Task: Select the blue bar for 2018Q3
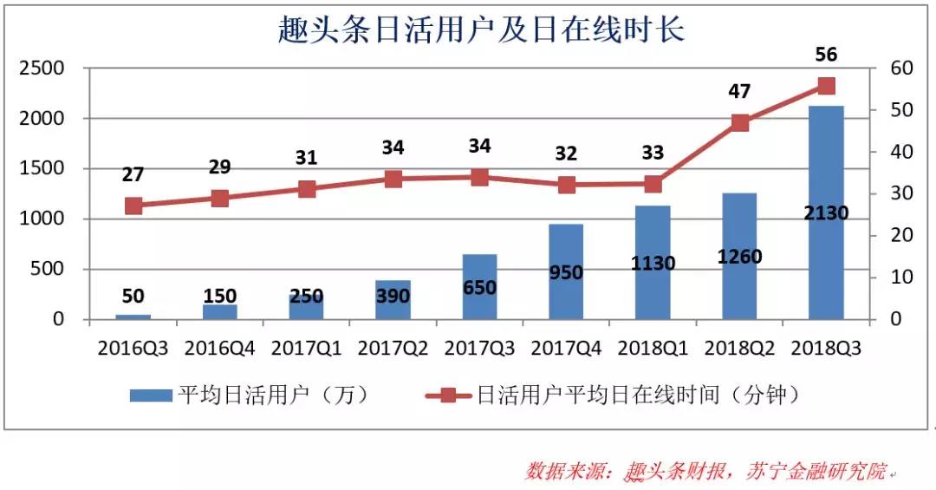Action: [x=826, y=260]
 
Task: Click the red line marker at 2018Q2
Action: [x=739, y=123]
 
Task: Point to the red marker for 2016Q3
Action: [x=133, y=206]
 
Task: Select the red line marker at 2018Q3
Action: [x=826, y=85]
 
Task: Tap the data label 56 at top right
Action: [x=826, y=55]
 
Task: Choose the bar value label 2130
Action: [x=826, y=213]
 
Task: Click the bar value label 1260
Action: [x=739, y=257]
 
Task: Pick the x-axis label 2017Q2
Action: [x=393, y=348]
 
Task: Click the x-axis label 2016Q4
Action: [x=219, y=348]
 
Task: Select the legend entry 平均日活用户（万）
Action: [x=251, y=395]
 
